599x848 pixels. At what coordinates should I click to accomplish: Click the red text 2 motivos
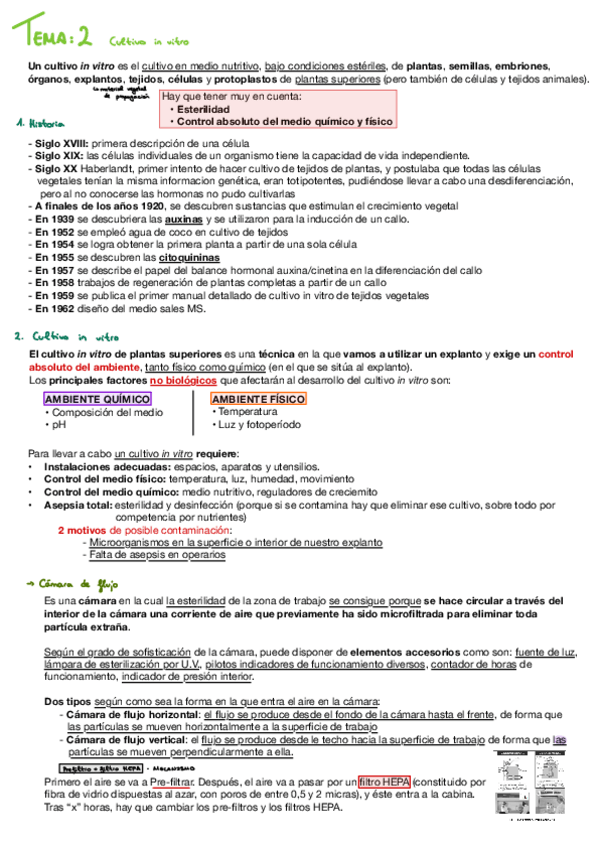click(x=85, y=530)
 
